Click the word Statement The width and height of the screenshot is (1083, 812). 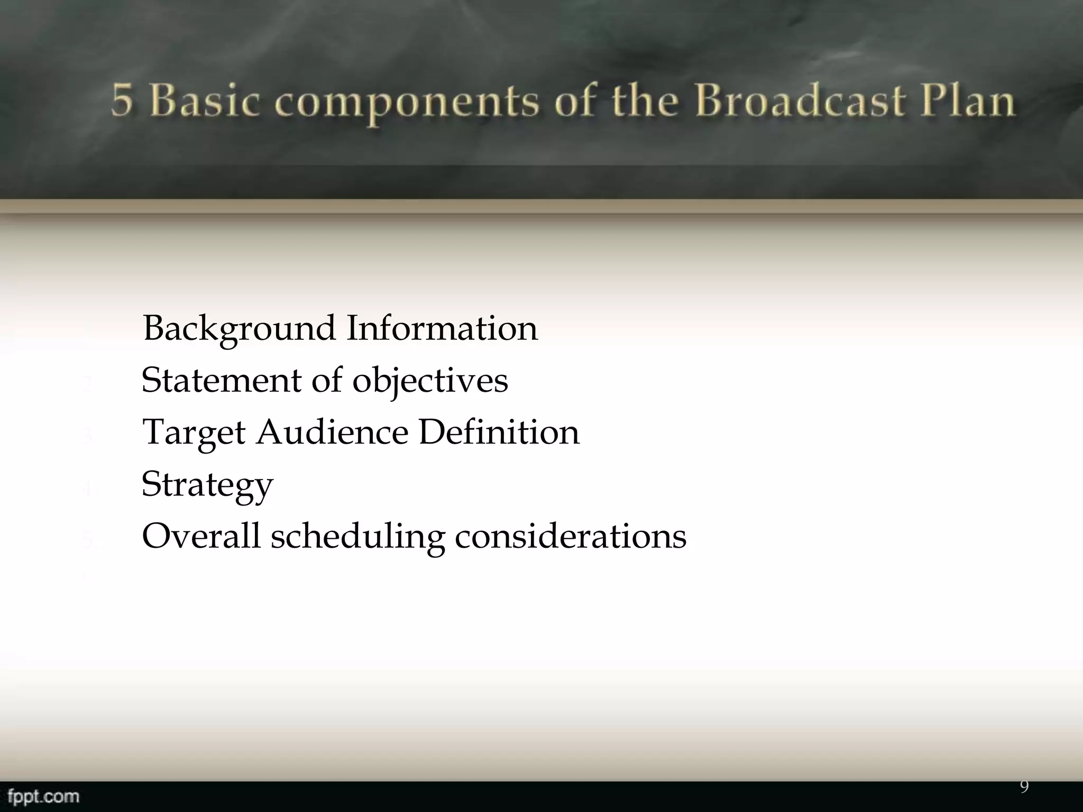click(x=221, y=380)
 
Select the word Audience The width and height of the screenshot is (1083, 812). click(x=333, y=432)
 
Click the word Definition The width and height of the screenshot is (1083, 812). click(x=499, y=432)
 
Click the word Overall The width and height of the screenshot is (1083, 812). click(x=201, y=536)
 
